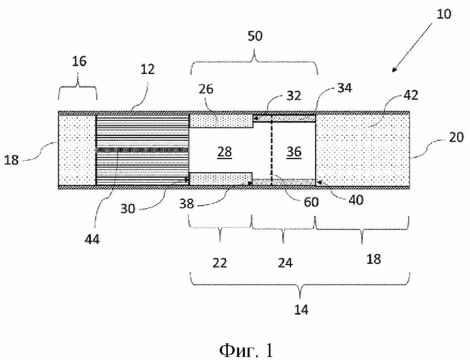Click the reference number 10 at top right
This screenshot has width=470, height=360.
[x=443, y=14]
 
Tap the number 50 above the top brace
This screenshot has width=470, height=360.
[x=255, y=36]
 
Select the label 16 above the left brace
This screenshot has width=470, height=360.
[x=79, y=61]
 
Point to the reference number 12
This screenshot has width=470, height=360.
[x=147, y=69]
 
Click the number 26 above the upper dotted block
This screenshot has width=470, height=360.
[x=206, y=89]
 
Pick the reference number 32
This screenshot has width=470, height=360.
[x=293, y=96]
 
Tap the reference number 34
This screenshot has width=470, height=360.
[x=345, y=88]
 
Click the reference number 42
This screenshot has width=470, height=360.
[x=411, y=95]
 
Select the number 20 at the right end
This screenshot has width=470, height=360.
[x=456, y=137]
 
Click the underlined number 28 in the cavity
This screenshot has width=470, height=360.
[x=225, y=152]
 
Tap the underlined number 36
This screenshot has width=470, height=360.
[x=294, y=152]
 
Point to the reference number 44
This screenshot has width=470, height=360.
[x=92, y=240]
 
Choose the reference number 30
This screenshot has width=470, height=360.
[x=128, y=208]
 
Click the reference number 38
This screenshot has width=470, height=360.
[x=187, y=204]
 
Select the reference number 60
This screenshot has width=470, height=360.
[x=311, y=202]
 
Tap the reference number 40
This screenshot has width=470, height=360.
[x=356, y=200]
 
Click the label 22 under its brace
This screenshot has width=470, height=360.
[x=220, y=263]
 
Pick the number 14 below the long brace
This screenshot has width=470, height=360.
[x=301, y=309]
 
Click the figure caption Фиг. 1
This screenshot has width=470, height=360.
[x=246, y=350]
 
